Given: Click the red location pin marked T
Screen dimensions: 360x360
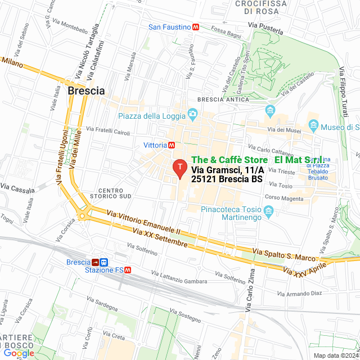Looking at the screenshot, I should (179, 168).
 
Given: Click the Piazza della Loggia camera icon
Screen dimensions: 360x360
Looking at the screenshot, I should (192, 115).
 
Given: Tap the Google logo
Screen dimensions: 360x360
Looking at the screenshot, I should (19, 353).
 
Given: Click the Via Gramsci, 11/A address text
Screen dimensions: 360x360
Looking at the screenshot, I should (227, 170).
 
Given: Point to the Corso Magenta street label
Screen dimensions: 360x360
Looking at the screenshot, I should (284, 197).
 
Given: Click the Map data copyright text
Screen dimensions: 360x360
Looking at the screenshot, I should (335, 355).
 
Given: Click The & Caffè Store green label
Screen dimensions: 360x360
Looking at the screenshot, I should (229, 160).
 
